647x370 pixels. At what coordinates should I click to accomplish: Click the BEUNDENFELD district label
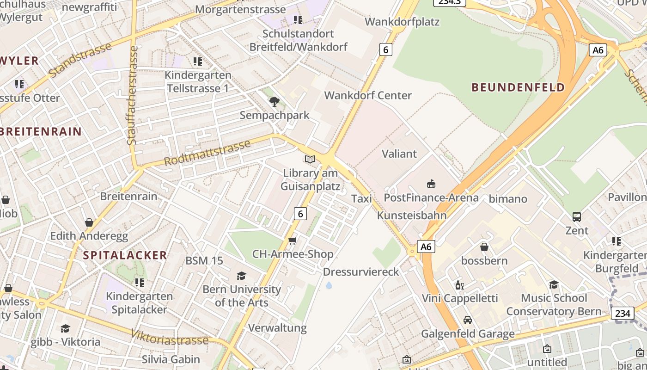pyautogui.click(x=518, y=87)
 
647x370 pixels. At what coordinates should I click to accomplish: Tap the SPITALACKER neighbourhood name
pyautogui.click(x=125, y=255)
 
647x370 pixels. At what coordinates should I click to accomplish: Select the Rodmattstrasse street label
pyautogui.click(x=208, y=153)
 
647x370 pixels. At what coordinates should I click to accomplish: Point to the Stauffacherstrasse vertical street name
pyautogui.click(x=133, y=95)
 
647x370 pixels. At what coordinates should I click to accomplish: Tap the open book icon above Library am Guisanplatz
pyautogui.click(x=310, y=160)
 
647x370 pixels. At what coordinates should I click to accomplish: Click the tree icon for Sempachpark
pyautogui.click(x=275, y=102)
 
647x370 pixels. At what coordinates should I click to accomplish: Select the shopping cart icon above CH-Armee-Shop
pyautogui.click(x=292, y=240)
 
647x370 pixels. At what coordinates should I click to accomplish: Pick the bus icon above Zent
pyautogui.click(x=577, y=216)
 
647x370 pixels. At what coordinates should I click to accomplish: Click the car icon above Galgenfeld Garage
pyautogui.click(x=468, y=320)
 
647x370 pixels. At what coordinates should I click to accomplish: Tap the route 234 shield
pyautogui.click(x=623, y=313)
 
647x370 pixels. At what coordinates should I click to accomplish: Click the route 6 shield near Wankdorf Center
pyautogui.click(x=385, y=49)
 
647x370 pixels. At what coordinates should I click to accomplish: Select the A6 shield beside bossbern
pyautogui.click(x=426, y=247)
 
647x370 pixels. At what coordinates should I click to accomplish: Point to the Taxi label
pyautogui.click(x=361, y=199)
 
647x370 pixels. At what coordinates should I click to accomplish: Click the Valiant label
pyautogui.click(x=399, y=154)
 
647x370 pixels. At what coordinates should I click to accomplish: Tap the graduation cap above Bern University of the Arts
pyautogui.click(x=241, y=276)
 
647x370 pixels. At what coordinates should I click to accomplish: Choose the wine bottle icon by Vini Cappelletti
pyautogui.click(x=459, y=285)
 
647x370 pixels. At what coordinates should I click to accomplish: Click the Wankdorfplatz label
pyautogui.click(x=402, y=22)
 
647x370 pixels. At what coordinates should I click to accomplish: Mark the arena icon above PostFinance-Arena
pyautogui.click(x=431, y=184)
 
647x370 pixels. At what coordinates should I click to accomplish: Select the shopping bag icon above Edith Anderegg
pyautogui.click(x=89, y=222)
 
